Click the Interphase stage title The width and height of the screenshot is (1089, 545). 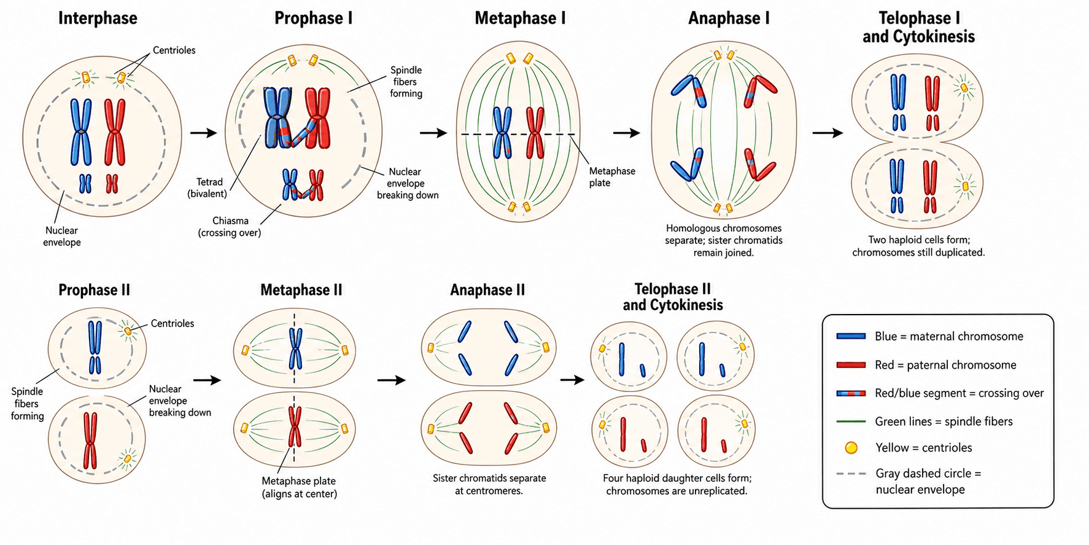98,18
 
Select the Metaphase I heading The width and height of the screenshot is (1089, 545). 520,18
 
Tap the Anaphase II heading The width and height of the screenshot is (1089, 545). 487,290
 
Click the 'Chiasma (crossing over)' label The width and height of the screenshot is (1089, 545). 230,227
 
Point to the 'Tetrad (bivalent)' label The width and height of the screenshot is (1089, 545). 207,188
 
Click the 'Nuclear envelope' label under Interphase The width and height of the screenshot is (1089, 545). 62,237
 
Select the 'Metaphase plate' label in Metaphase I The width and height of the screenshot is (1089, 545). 612,177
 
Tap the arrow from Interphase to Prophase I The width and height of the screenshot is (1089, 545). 204,133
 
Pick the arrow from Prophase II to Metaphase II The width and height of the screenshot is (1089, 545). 207,380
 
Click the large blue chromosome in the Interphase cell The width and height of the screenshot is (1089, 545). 81,131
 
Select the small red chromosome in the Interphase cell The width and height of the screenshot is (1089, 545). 112,184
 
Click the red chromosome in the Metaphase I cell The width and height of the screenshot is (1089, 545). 535,133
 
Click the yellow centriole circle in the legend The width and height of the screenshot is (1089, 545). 851,448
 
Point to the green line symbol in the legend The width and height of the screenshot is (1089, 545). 851,421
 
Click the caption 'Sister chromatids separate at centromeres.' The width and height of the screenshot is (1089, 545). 489,484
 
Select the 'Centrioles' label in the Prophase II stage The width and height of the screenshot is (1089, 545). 172,323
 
